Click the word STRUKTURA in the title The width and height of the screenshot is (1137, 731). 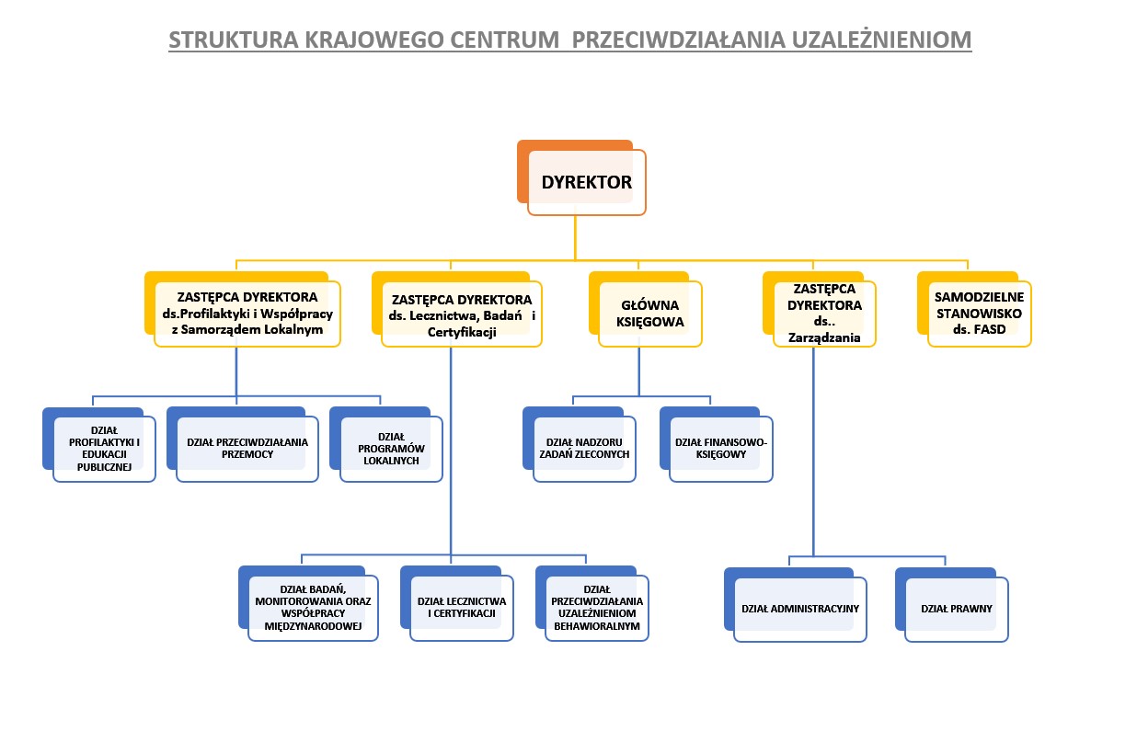[x=234, y=40]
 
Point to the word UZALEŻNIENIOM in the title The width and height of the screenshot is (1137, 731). [x=881, y=40]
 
